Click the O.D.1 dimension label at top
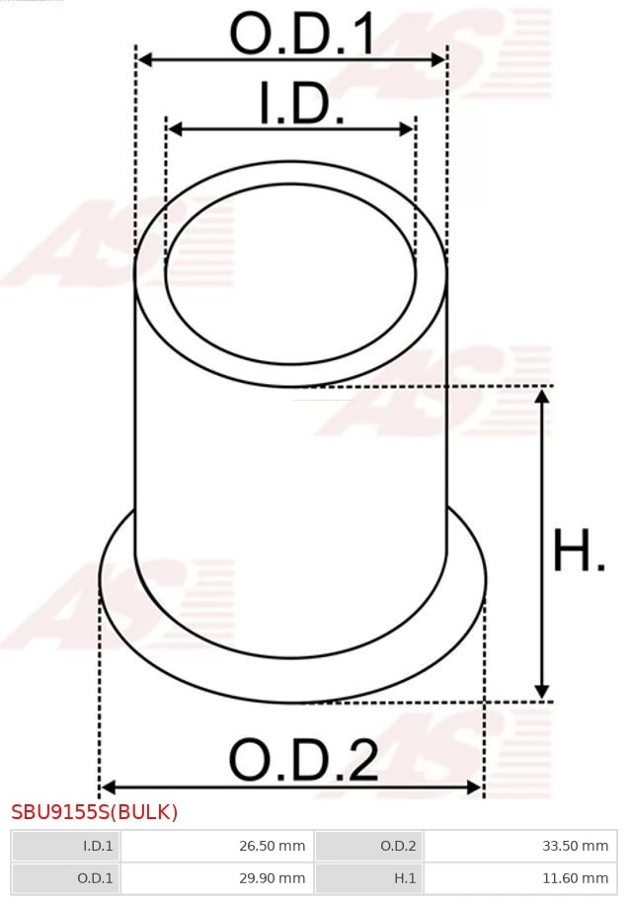(303, 36)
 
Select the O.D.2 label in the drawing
(303, 760)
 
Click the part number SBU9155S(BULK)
(95, 812)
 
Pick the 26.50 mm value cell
(215, 846)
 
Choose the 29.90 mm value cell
(215, 877)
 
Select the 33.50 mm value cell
(519, 846)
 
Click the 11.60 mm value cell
(519, 877)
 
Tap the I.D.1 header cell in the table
(65, 846)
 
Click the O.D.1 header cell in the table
(65, 877)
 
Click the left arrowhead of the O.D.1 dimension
(144, 60)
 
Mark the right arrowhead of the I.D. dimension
(407, 129)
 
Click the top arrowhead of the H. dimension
(541, 396)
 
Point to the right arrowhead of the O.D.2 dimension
(475, 787)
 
